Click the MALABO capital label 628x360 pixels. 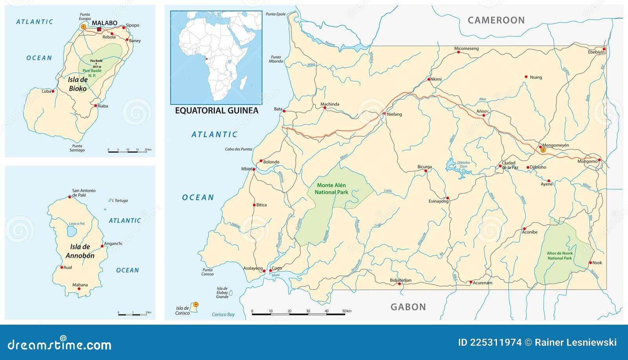(x=104, y=23)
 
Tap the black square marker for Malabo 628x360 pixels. (x=99, y=29)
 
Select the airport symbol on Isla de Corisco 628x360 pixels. (x=196, y=304)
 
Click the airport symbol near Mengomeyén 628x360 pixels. (x=543, y=150)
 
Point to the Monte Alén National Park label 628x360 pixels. (x=331, y=188)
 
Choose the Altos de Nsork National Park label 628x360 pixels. (x=560, y=256)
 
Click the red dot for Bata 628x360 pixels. (x=284, y=111)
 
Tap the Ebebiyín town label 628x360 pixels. (x=596, y=52)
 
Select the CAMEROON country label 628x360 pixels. (x=496, y=20)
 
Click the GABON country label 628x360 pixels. (x=408, y=307)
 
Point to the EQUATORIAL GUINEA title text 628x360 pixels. (x=217, y=111)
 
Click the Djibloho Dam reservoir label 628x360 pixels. (x=463, y=164)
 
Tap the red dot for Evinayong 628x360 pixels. (x=447, y=198)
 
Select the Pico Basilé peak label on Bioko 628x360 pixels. (x=96, y=61)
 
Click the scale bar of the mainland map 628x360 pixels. (x=298, y=314)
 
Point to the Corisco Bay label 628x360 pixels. (x=223, y=314)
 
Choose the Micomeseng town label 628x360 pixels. (x=466, y=49)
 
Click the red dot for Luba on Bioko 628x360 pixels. (x=53, y=91)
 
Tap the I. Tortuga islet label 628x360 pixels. (x=120, y=201)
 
